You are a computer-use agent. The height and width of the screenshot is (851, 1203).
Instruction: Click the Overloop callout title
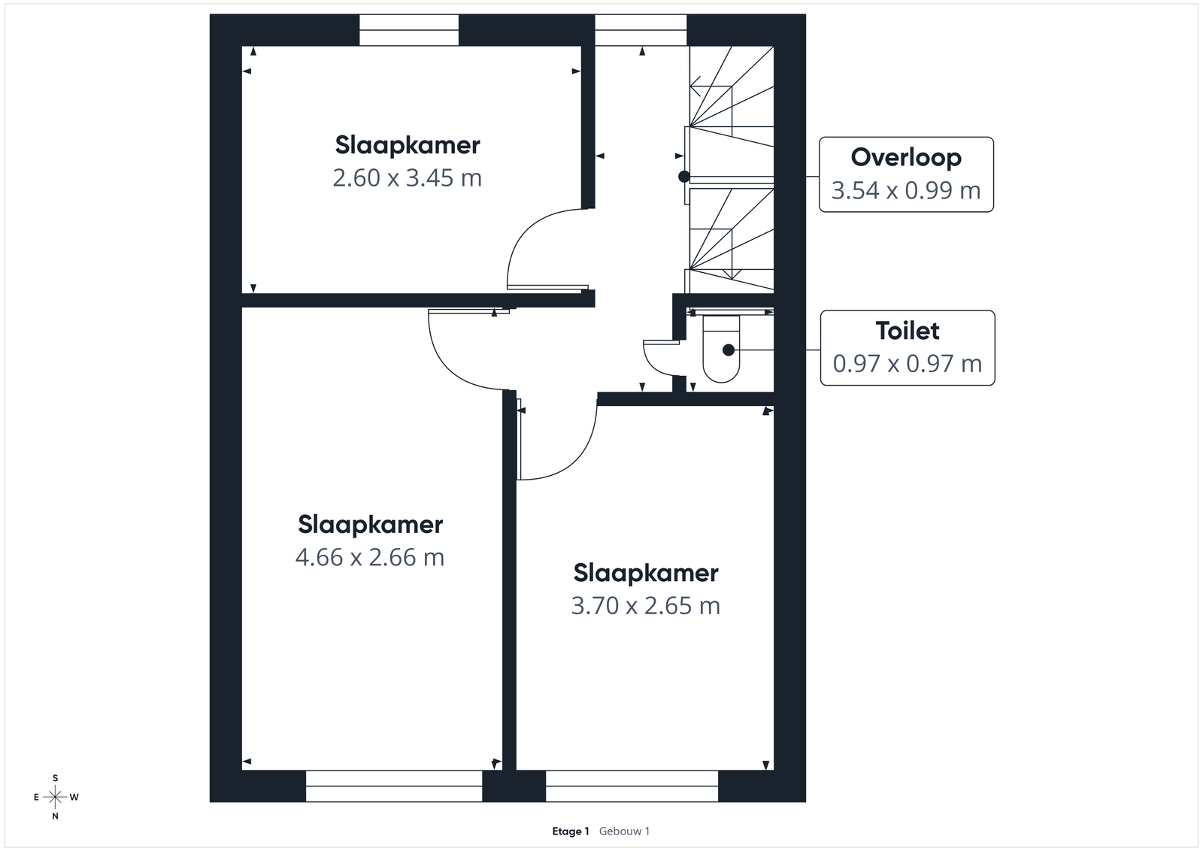(x=906, y=158)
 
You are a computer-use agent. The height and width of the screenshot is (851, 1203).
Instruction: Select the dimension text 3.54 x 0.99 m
(x=906, y=190)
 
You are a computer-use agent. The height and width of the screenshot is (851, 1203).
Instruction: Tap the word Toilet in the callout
(x=908, y=331)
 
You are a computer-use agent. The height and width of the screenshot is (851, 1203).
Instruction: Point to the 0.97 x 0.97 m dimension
(x=908, y=364)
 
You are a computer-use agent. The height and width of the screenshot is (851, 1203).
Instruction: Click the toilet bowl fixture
(x=721, y=349)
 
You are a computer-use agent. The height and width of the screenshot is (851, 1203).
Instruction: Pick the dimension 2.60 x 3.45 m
(x=407, y=177)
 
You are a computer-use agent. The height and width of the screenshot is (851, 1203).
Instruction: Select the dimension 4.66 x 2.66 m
(x=370, y=557)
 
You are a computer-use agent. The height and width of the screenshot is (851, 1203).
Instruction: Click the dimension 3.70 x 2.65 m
(x=646, y=606)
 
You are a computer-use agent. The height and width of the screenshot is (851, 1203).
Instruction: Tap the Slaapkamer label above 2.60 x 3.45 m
(x=408, y=146)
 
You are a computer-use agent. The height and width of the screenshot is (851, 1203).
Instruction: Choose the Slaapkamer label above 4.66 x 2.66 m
(x=371, y=525)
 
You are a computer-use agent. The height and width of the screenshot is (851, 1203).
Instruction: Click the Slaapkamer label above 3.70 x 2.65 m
(x=646, y=574)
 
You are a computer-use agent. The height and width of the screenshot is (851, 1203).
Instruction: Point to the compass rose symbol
(x=56, y=798)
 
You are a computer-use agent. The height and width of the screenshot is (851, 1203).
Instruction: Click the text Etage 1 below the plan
(x=571, y=831)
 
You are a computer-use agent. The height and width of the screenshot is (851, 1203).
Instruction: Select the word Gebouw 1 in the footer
(x=625, y=831)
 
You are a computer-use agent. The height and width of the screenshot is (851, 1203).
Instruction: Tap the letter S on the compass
(x=56, y=779)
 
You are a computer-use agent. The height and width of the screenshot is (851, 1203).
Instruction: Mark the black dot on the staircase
(x=683, y=176)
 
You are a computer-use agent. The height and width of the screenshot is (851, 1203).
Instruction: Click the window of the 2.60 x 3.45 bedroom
(x=409, y=30)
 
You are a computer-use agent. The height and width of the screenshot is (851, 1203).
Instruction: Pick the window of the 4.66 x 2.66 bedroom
(x=394, y=786)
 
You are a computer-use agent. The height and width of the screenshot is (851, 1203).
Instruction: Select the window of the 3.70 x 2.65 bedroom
(x=632, y=786)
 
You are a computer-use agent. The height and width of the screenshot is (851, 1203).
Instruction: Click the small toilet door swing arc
(x=653, y=366)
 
